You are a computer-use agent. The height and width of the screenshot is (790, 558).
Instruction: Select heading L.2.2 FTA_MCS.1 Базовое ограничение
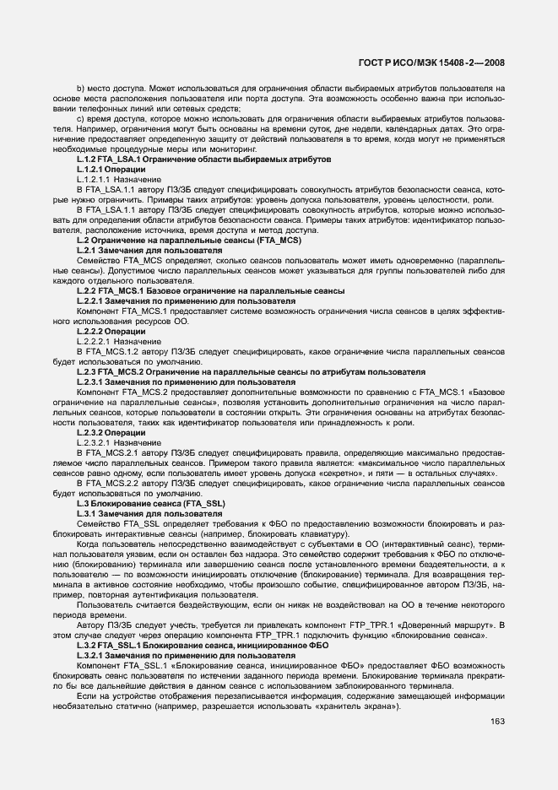[210, 290]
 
